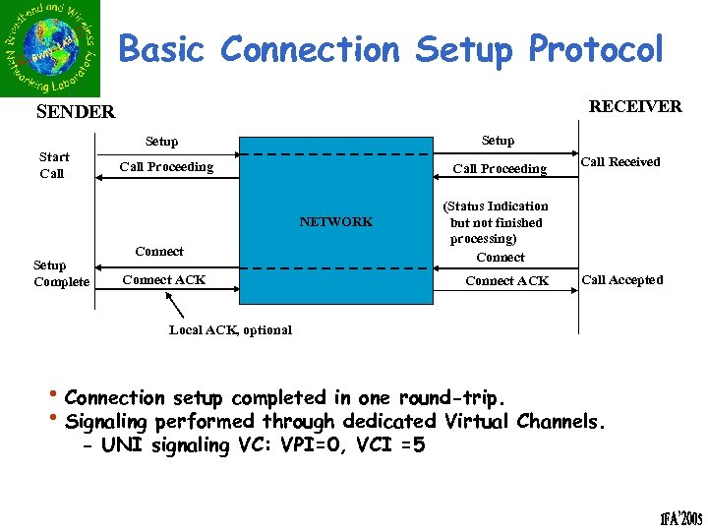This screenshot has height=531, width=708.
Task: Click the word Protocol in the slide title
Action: (596, 49)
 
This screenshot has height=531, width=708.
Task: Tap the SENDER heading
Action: (76, 112)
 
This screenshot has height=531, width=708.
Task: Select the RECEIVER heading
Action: (634, 106)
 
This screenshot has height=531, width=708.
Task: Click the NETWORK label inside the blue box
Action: (336, 222)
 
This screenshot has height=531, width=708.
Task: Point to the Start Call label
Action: (53, 165)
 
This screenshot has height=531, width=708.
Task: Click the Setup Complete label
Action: (60, 273)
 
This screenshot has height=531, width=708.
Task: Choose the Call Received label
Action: (620, 162)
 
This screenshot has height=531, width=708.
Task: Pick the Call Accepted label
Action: (622, 280)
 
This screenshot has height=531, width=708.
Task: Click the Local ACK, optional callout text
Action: (230, 329)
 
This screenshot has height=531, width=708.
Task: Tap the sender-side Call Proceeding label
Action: (166, 167)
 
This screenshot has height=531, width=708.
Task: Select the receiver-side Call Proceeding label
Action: (500, 169)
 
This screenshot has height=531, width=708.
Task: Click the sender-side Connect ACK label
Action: (164, 280)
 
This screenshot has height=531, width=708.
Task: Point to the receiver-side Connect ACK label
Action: (507, 281)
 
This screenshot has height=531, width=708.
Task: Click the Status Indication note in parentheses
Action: (496, 222)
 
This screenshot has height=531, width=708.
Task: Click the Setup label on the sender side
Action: (162, 142)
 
